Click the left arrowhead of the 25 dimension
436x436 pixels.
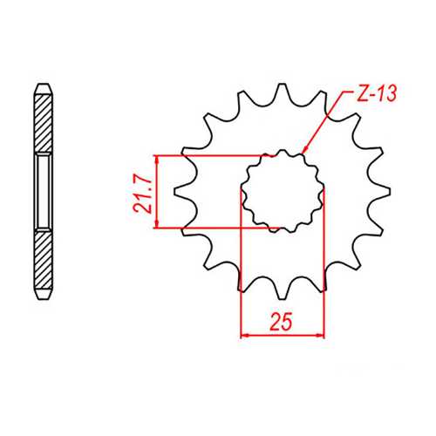coord(245,334)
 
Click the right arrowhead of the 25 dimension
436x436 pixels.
coord(320,334)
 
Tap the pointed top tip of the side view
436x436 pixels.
coord(43,85)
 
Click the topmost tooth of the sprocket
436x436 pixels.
coord(282,90)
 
